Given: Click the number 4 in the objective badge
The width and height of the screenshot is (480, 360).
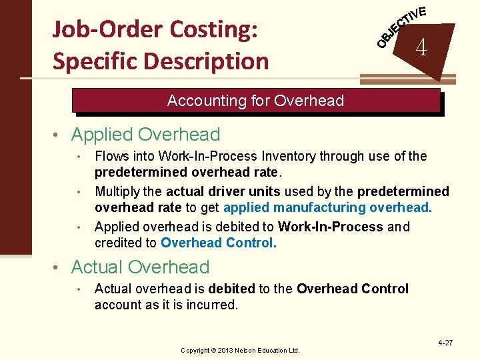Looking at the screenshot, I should [421, 48].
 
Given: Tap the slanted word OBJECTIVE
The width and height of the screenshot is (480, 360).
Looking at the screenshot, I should [401, 27].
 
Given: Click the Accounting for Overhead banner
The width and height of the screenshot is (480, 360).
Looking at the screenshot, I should [255, 101].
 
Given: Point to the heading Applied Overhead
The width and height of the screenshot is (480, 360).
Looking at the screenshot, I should [145, 135].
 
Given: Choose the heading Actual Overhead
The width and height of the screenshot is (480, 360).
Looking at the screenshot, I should [140, 267].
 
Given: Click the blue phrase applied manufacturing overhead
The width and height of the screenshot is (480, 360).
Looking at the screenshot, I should [327, 207].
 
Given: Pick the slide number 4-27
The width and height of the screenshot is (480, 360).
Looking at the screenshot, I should [445, 343].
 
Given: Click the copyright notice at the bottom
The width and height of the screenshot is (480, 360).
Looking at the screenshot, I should [240, 350].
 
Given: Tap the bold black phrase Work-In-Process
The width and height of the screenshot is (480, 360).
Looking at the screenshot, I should [330, 227].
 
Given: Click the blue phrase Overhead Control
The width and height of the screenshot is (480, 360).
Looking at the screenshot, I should [218, 243].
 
